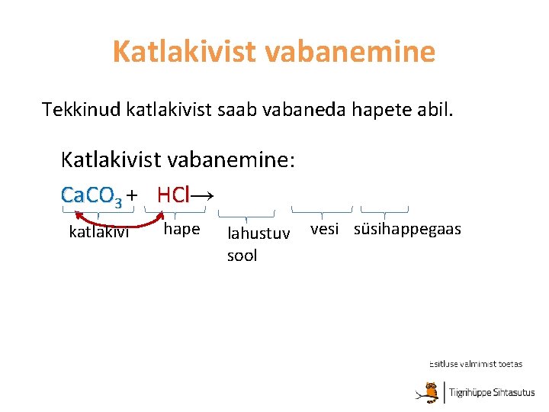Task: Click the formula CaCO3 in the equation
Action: [x=91, y=196]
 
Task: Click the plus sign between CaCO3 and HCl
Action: [x=133, y=196]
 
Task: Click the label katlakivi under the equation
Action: [x=99, y=232]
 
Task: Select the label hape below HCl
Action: [x=181, y=229]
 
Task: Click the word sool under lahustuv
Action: [x=242, y=256]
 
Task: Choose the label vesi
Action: [x=324, y=230]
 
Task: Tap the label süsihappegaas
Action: [x=407, y=230]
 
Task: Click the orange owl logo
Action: [x=432, y=391]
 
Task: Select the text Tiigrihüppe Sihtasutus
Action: [x=492, y=393]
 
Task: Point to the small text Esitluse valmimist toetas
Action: [x=476, y=364]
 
